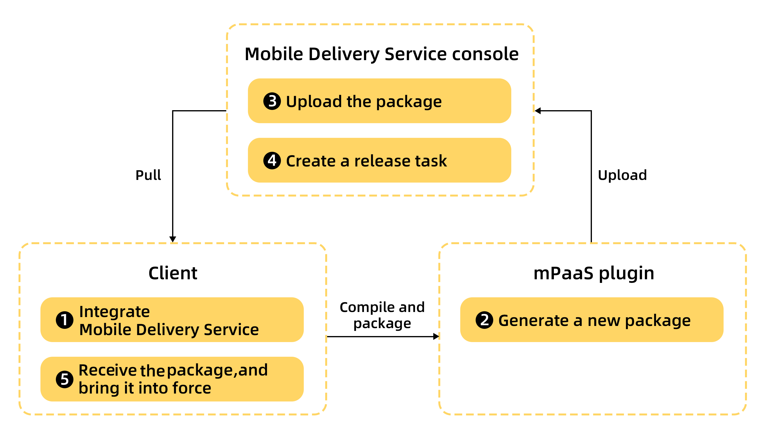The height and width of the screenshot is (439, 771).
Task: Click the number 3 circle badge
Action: pos(272,101)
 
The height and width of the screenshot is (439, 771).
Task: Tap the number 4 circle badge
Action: pos(272,161)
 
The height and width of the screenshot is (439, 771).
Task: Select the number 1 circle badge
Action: pos(65,320)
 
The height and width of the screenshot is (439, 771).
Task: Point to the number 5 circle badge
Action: pos(65,379)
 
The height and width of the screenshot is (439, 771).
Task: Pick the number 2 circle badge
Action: pos(484,320)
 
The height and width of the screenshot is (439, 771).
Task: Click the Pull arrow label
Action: pos(148,175)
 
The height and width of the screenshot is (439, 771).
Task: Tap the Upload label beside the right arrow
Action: pos(622,175)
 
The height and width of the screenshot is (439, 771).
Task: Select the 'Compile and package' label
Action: pos(382,315)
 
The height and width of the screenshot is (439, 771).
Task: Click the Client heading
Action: pos(173,273)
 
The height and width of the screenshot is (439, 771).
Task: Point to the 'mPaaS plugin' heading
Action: pos(594,273)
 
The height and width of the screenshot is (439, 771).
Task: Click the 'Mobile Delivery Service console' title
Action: pos(381,54)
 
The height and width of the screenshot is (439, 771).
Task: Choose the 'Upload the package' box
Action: pos(379,101)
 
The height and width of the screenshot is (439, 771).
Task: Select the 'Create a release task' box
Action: pos(379,160)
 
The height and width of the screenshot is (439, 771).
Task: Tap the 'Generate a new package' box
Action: pos(591,320)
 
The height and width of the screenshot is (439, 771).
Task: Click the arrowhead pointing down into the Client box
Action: pos(173,239)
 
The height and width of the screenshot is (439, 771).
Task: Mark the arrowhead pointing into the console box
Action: pos(538,111)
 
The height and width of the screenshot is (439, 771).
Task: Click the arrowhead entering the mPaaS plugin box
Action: pos(436,337)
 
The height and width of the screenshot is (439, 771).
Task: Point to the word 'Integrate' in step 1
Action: pos(114,312)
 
